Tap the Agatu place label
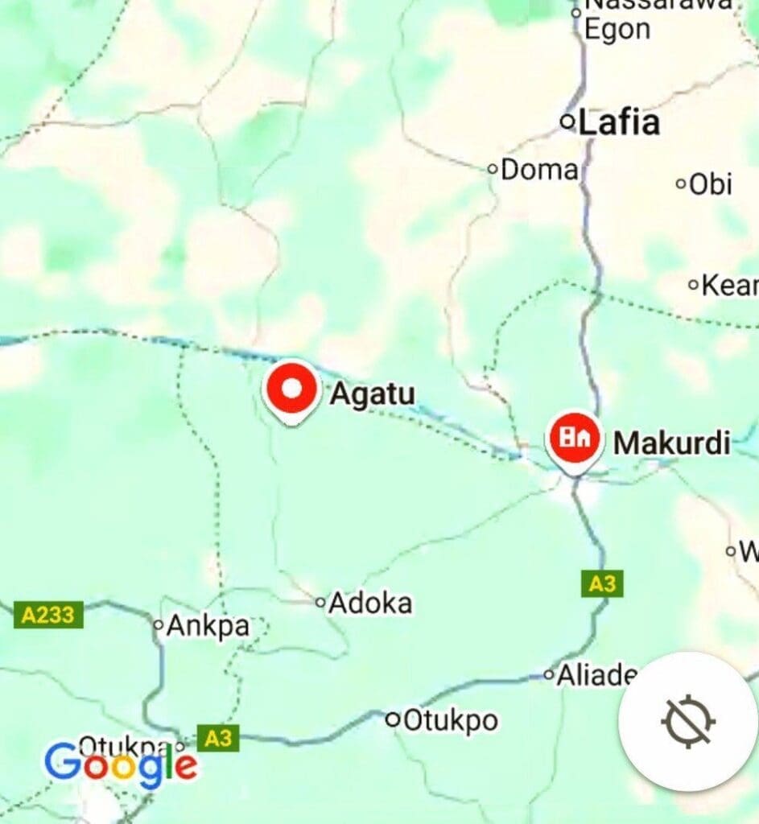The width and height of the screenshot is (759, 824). (373, 394)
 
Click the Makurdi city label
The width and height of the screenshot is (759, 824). (672, 443)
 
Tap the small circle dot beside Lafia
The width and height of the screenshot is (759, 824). (568, 122)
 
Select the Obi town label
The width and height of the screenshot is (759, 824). (711, 184)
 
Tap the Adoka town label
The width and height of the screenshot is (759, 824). (371, 603)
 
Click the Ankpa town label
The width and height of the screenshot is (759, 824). (208, 626)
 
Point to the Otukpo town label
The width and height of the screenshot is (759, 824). (450, 720)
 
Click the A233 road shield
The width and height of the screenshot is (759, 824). (48, 616)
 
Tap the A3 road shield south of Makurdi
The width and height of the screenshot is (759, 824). (602, 583)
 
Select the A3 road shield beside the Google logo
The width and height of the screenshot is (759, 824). (218, 739)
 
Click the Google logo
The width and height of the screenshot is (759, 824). (121, 765)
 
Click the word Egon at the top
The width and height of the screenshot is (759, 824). (617, 30)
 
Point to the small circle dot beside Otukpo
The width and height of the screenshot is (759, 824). (394, 720)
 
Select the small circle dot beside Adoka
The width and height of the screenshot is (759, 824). (320, 602)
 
